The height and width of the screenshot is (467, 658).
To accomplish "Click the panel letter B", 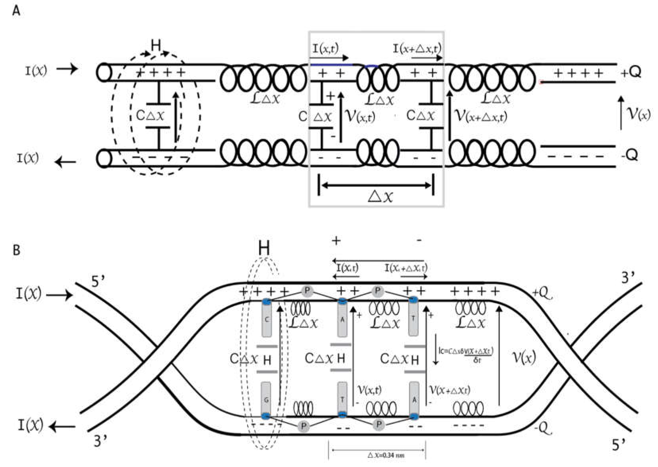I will (x=16, y=250).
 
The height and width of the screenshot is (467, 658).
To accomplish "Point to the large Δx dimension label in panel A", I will (x=380, y=197).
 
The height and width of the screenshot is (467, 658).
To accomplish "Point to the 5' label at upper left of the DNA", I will (x=98, y=282).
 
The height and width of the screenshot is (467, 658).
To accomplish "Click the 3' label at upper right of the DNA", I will (x=628, y=278).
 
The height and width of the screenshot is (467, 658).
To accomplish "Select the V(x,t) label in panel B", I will (x=369, y=390).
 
